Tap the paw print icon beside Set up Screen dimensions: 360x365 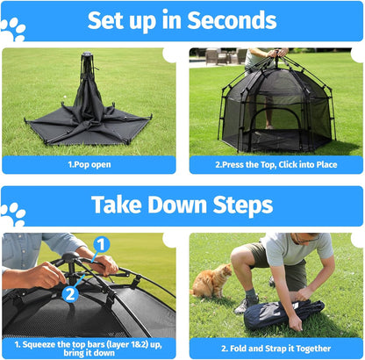(13, 31)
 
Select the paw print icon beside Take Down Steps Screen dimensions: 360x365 (13, 213)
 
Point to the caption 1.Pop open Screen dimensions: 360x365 (89, 164)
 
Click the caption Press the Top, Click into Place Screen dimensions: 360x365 (276, 164)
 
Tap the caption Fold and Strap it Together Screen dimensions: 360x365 (276, 349)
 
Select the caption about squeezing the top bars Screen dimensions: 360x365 (89, 348)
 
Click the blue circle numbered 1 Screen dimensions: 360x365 (102, 245)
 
